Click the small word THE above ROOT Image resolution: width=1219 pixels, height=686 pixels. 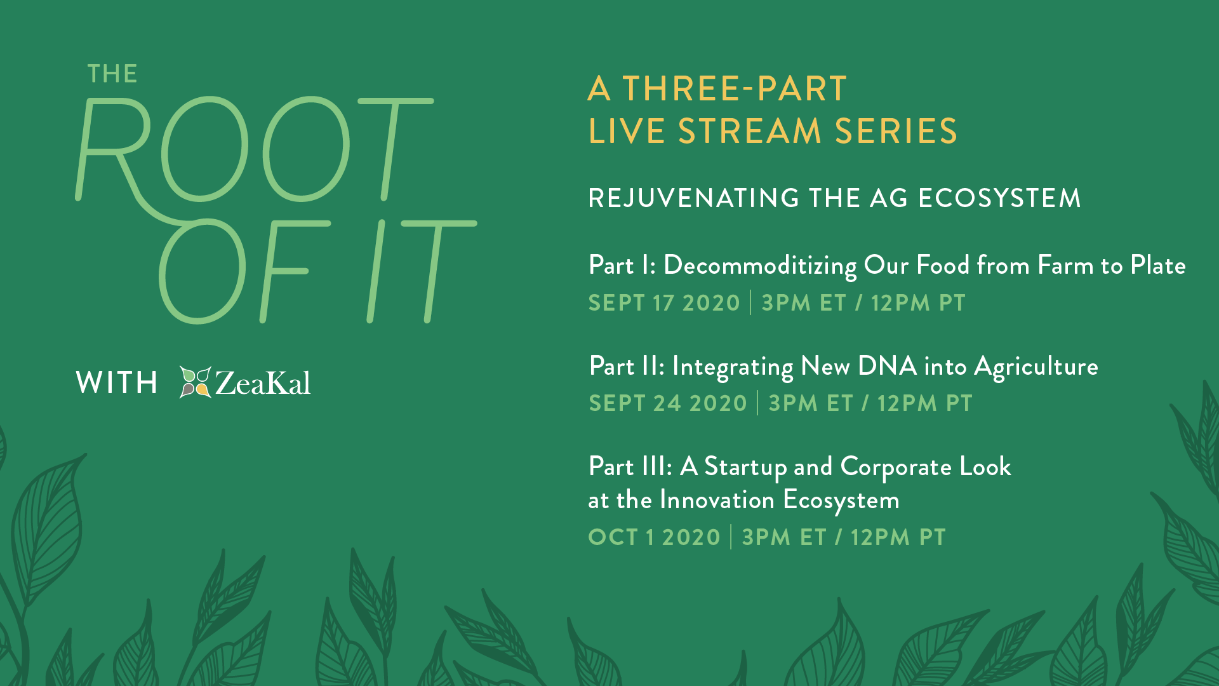point(112,74)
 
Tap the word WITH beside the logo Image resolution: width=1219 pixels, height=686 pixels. point(117,382)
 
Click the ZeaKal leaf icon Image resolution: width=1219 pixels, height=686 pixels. point(195,382)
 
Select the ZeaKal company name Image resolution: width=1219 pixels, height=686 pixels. point(263,382)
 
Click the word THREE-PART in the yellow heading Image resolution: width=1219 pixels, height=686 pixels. point(735,88)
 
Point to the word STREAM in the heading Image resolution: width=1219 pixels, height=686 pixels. point(750,131)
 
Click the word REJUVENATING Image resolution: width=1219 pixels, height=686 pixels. point(693,198)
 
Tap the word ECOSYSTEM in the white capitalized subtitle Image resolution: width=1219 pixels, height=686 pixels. point(999,198)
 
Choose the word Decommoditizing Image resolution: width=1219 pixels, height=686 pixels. point(760,266)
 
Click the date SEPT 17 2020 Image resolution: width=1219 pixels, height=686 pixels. point(664,303)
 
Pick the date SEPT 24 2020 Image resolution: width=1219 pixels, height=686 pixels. point(668,403)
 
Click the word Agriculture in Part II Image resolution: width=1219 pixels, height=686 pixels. point(1036,367)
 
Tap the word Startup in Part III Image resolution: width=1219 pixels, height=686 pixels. point(746,467)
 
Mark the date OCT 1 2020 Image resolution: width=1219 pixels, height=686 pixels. point(655,537)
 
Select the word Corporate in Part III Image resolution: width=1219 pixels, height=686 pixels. point(896,467)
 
